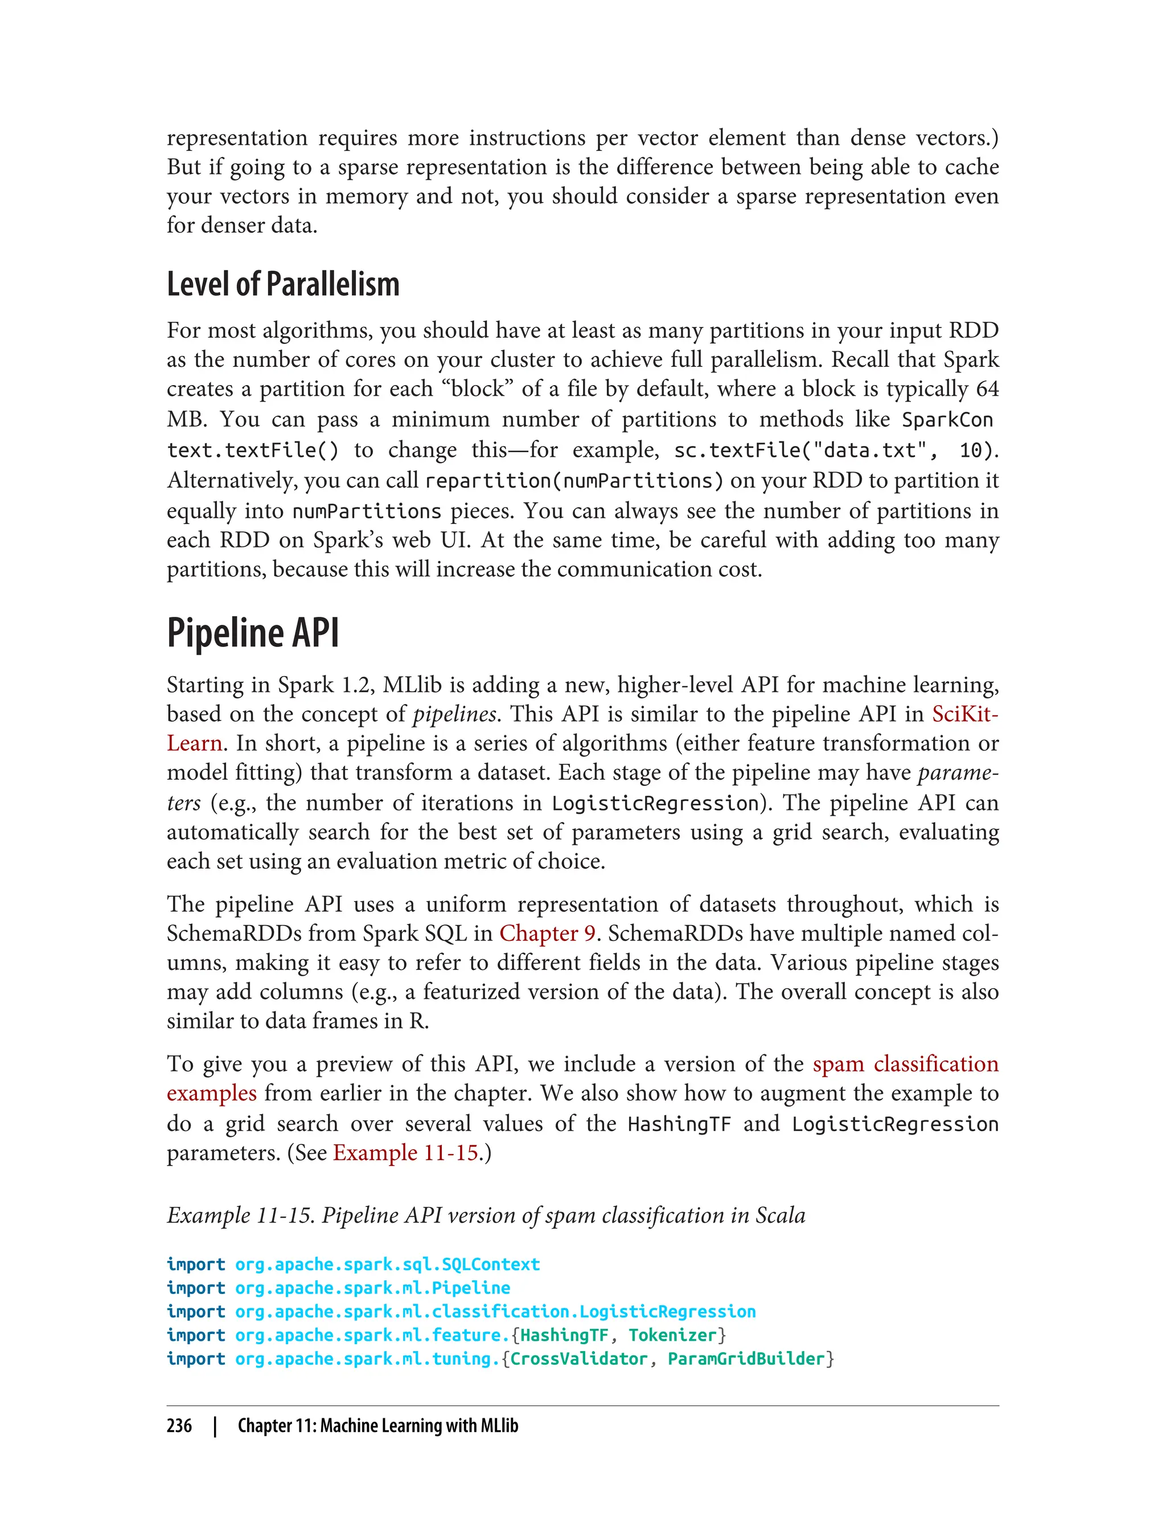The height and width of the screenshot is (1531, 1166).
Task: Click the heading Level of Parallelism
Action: point(282,285)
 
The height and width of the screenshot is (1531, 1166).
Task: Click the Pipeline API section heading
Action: point(253,633)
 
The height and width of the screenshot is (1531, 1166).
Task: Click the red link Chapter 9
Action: point(547,933)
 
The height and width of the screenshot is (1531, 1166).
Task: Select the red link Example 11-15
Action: point(406,1153)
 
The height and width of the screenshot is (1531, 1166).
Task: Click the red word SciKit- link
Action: point(964,714)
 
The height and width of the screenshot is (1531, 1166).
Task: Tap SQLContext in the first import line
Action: point(491,1264)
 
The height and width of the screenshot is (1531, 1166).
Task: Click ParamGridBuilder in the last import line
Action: point(746,1359)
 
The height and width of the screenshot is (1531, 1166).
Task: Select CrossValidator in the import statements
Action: point(579,1359)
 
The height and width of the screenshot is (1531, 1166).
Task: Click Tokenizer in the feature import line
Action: point(672,1335)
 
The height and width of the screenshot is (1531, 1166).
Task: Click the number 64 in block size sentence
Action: point(986,389)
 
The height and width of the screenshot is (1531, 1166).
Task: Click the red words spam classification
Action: point(905,1064)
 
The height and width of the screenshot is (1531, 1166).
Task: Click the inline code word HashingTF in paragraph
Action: point(679,1124)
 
